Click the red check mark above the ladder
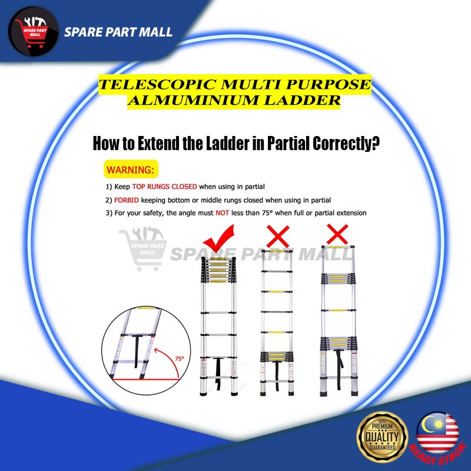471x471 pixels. [218, 241]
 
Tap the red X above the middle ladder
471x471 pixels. [277, 237]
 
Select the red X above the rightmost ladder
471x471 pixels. [337, 234]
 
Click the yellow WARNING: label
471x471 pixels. [131, 170]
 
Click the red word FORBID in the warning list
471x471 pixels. [127, 200]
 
